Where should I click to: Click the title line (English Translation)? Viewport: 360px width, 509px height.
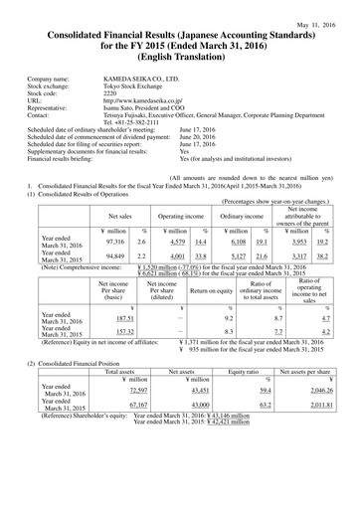point(179,64)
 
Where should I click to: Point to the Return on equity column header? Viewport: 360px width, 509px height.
point(210,320)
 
